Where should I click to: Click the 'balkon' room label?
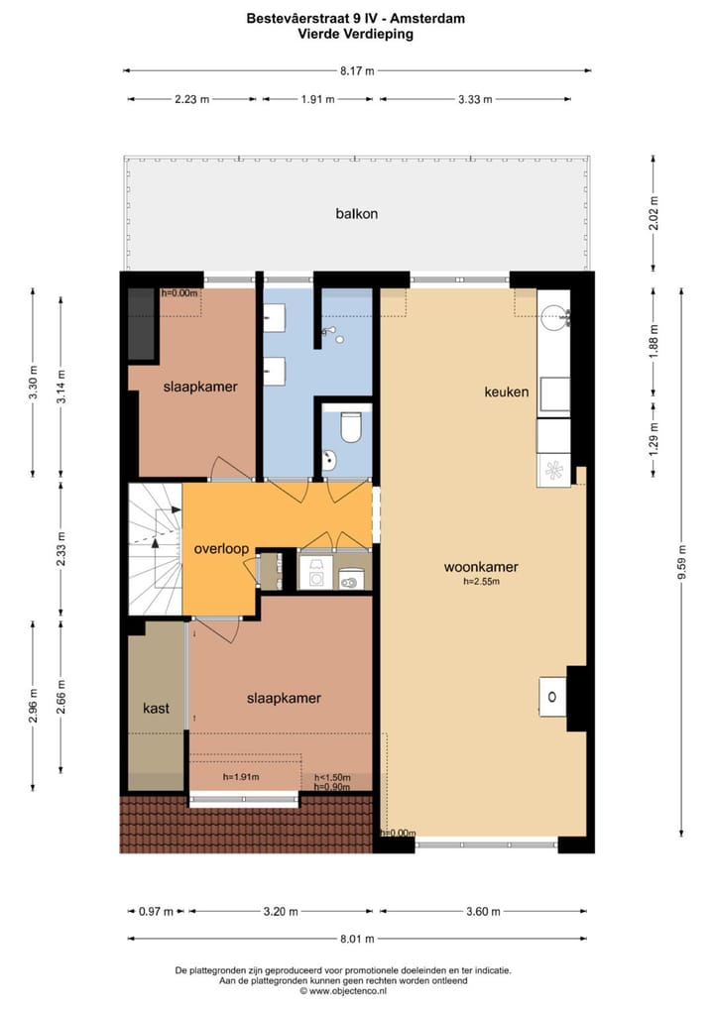pyautogui.click(x=356, y=213)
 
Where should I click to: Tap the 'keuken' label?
pyautogui.click(x=506, y=392)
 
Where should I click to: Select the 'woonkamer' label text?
pyautogui.click(x=481, y=567)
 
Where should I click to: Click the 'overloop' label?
pyautogui.click(x=221, y=548)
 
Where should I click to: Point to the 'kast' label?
pyautogui.click(x=157, y=708)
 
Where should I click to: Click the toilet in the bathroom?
pyautogui.click(x=349, y=427)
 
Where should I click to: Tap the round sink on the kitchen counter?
pyautogui.click(x=553, y=318)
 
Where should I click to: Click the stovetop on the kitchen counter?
pyautogui.click(x=553, y=470)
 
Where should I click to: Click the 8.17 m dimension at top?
pyautogui.click(x=357, y=71)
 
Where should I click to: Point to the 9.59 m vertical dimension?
pyautogui.click(x=682, y=560)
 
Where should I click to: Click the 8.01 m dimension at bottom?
pyautogui.click(x=357, y=939)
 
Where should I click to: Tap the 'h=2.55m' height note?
pyautogui.click(x=481, y=582)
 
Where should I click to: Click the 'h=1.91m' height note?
pyautogui.click(x=241, y=777)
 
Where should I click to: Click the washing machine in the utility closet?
pyautogui.click(x=315, y=574)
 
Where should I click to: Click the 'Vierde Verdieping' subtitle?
pyautogui.click(x=356, y=33)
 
